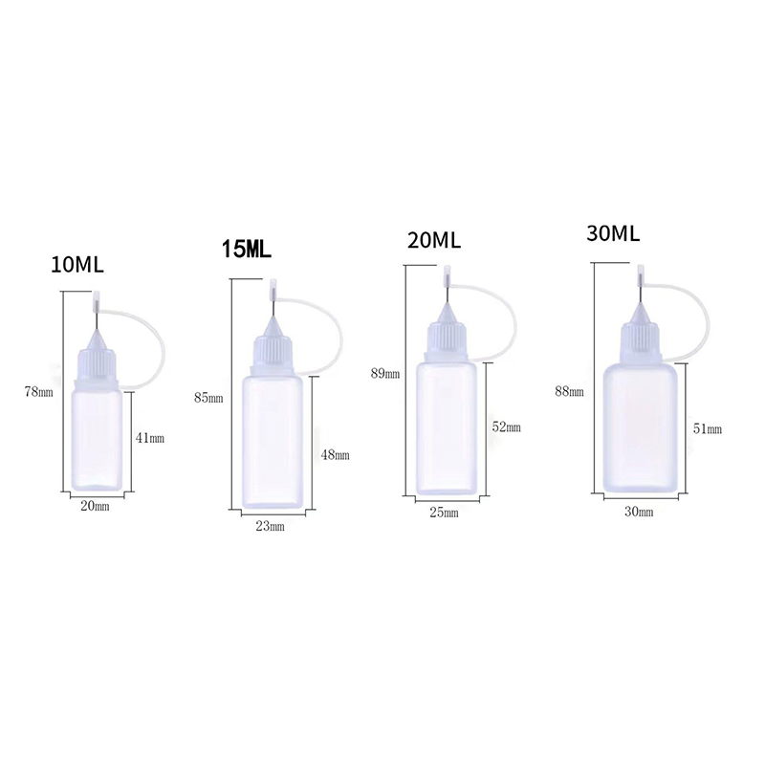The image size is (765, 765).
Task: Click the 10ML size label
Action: [77, 265]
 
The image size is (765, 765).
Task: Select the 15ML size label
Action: [247, 249]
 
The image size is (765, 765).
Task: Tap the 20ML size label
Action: [434, 240]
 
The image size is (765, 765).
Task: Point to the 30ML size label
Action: [613, 233]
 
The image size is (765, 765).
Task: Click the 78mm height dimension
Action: [39, 392]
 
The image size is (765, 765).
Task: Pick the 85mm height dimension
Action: [208, 398]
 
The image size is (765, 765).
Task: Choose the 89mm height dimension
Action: [385, 374]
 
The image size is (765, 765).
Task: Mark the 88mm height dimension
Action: [569, 391]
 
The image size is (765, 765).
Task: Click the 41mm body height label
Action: [150, 438]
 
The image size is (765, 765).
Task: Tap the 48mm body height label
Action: [336, 455]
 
